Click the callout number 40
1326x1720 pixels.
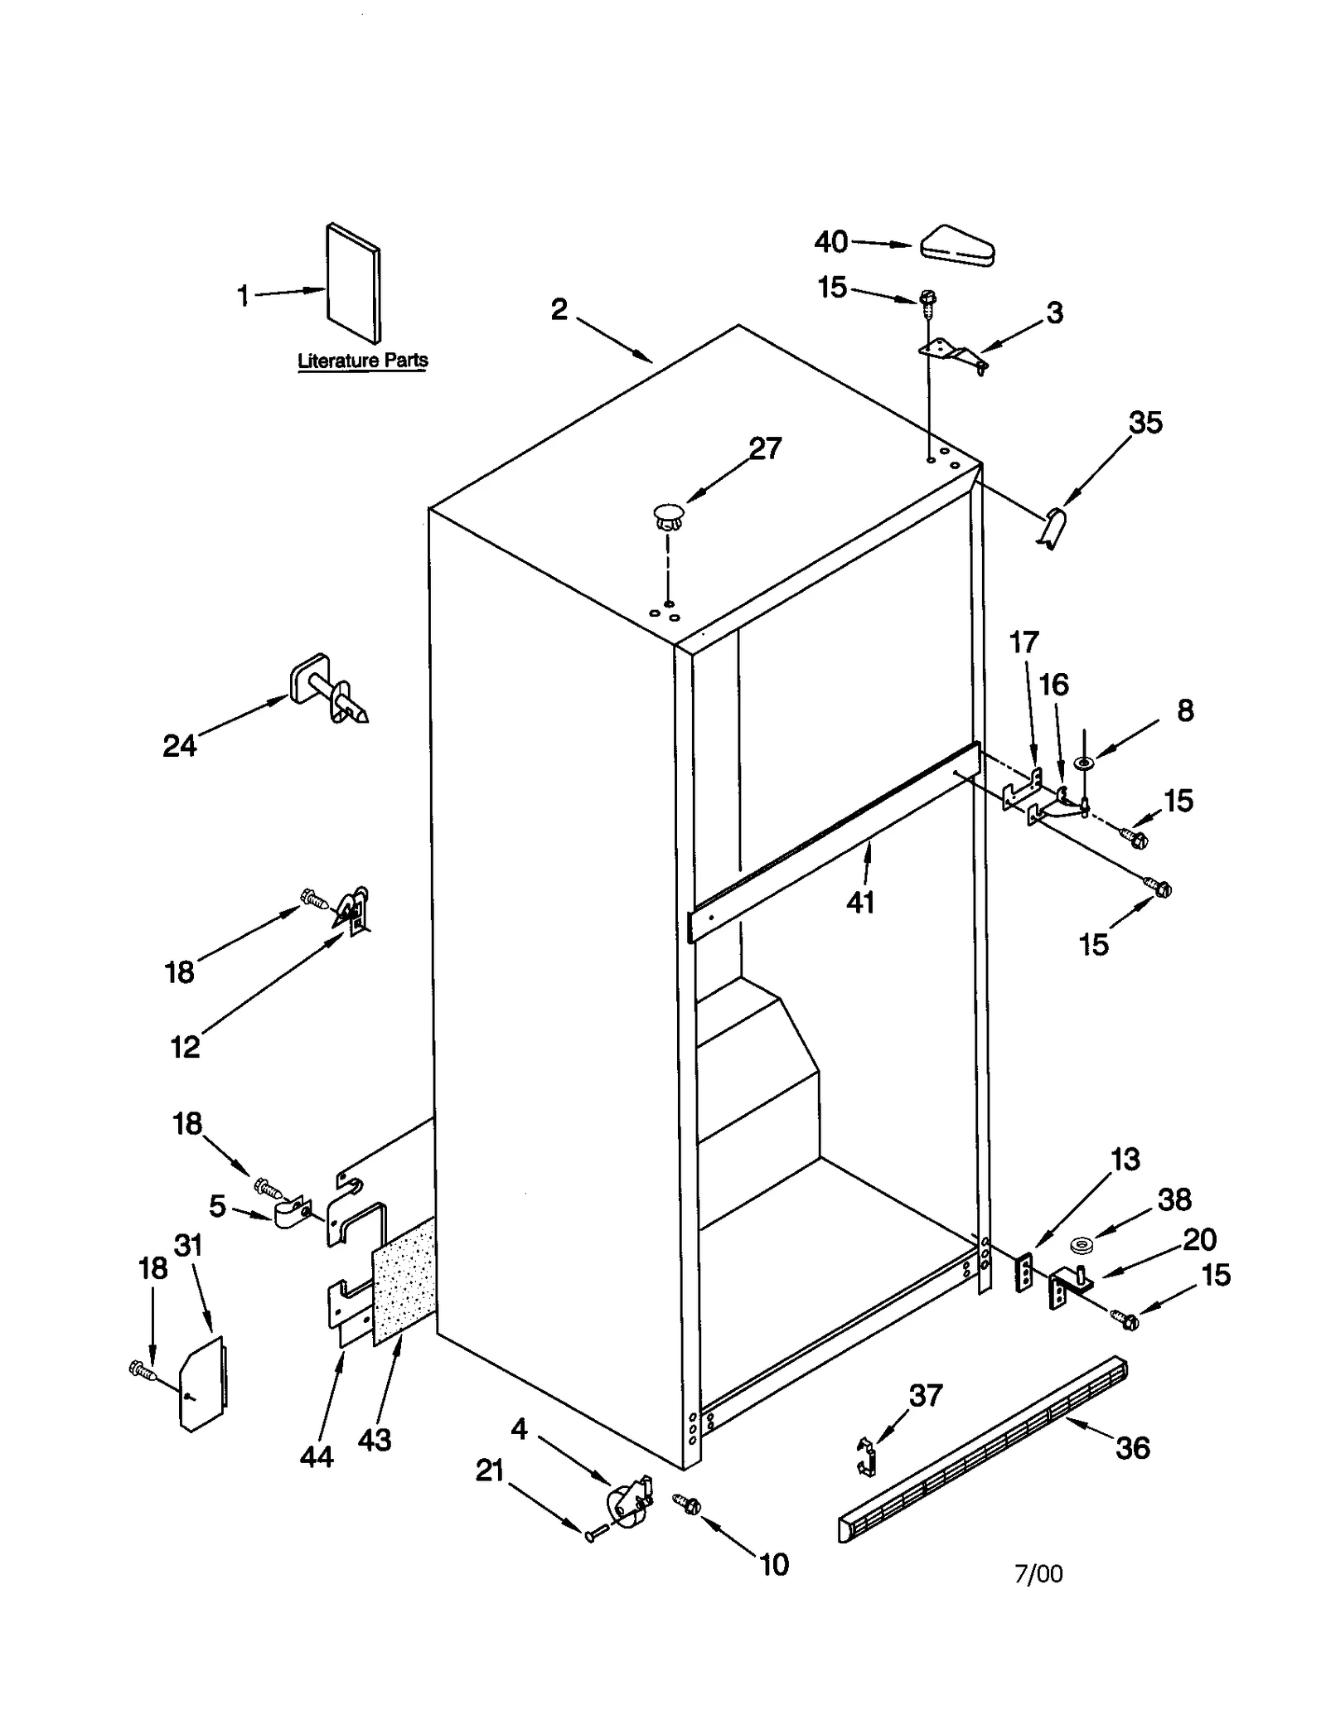click(x=830, y=242)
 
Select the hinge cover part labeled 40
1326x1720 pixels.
click(x=957, y=247)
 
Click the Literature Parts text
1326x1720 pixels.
click(x=363, y=361)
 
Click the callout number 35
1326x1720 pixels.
click(x=1145, y=423)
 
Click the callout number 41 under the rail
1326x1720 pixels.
click(x=860, y=902)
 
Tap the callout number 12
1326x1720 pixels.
click(x=185, y=1047)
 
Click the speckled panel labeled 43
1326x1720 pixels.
click(x=404, y=1283)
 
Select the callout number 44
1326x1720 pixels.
click(x=317, y=1456)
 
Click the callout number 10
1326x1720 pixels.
click(x=774, y=1564)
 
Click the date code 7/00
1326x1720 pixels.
click(x=1038, y=1573)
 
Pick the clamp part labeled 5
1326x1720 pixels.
click(x=290, y=1214)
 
